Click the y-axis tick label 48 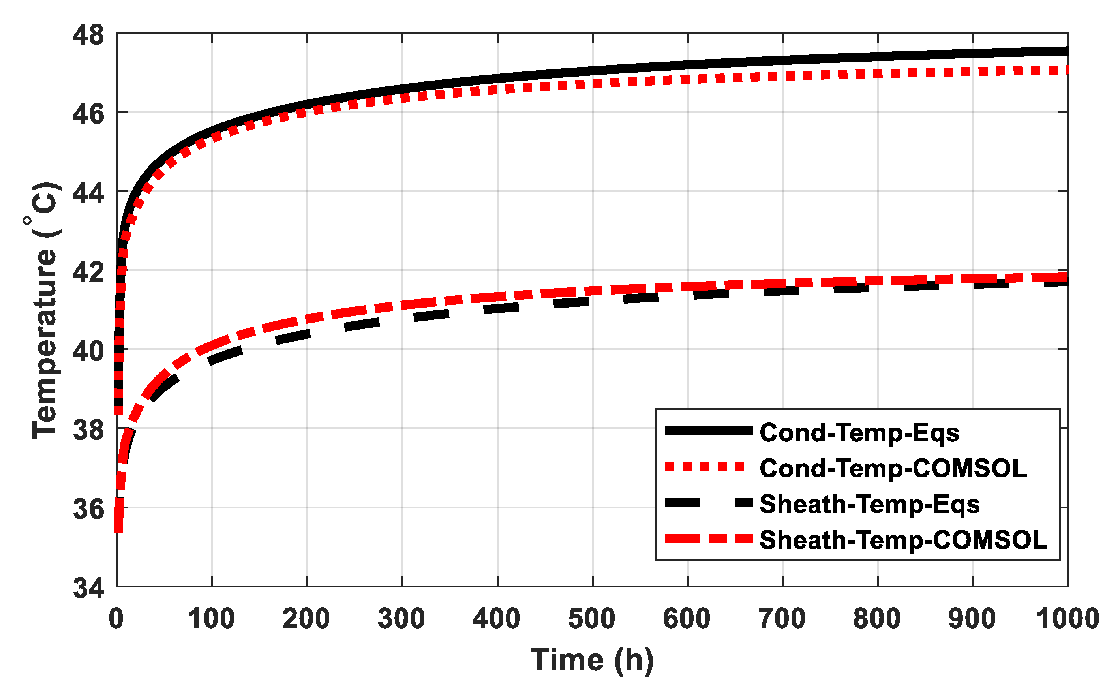point(88,36)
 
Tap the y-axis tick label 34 point(88,589)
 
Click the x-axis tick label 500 point(592,619)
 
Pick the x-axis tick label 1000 point(1067,619)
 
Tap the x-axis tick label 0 point(116,619)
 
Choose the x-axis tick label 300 point(401,619)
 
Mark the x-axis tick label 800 point(877,619)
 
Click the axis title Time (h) point(592,660)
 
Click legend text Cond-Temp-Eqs point(859,432)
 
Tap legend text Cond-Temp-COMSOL point(893,468)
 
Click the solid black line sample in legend point(709,432)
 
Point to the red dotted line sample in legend point(705,467)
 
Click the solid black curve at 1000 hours point(1066,51)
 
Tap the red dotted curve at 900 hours point(973,72)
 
